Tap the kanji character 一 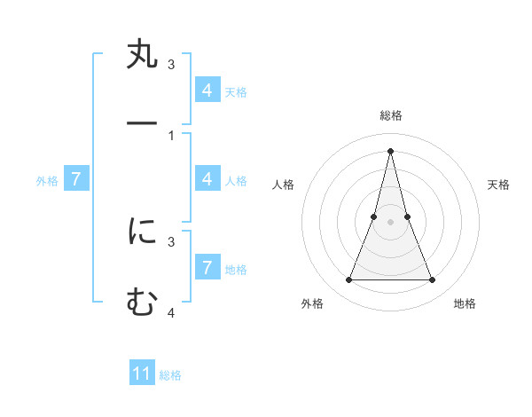coord(142,124)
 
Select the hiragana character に coord(142,232)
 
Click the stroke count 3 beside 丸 coord(171,65)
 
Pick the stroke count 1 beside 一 coord(171,136)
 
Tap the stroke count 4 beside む coord(171,312)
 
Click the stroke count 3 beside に coord(171,241)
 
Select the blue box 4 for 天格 coord(207,90)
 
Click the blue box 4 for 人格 coord(207,178)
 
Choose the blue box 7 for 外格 coord(76,179)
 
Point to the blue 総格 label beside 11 coord(170,375)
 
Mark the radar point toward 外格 coord(348,280)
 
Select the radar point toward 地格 coord(433,280)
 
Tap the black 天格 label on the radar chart coord(499,185)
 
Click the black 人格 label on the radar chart coord(283,185)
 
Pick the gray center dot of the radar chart coord(390,222)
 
